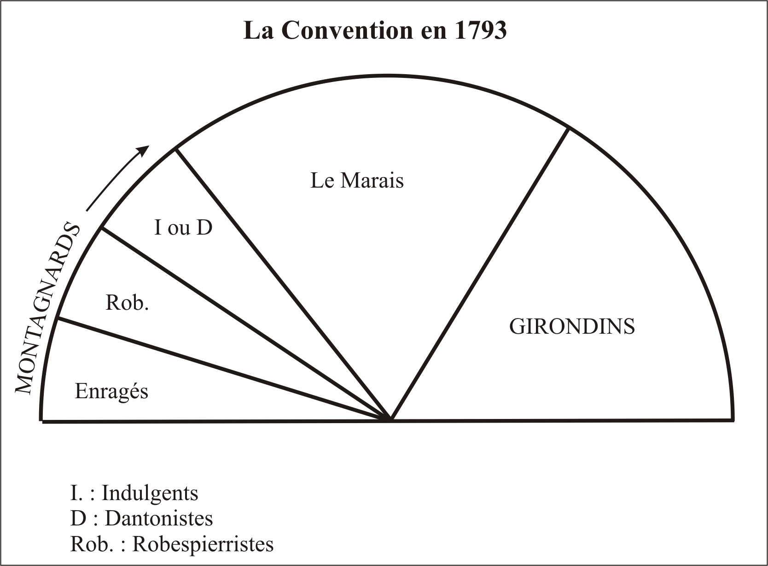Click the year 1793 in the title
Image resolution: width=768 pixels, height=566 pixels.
click(481, 30)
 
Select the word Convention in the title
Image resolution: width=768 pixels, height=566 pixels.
click(348, 30)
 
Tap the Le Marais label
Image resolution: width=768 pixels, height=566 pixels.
click(357, 180)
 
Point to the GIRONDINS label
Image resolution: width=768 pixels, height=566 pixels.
click(572, 326)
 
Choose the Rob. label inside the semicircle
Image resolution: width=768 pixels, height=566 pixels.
click(127, 303)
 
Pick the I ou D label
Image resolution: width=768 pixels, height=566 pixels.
click(183, 227)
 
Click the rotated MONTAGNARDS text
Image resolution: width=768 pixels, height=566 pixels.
click(47, 308)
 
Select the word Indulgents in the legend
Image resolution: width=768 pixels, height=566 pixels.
click(150, 493)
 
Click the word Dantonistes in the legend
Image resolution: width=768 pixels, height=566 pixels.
click(159, 518)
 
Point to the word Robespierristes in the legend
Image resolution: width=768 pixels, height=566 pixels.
click(203, 544)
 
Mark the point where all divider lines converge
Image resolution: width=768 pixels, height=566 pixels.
click(390, 419)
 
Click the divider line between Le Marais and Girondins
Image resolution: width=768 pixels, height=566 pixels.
click(480, 274)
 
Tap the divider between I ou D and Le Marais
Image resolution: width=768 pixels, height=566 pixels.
click(283, 284)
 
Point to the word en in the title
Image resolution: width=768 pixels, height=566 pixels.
click(434, 33)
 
